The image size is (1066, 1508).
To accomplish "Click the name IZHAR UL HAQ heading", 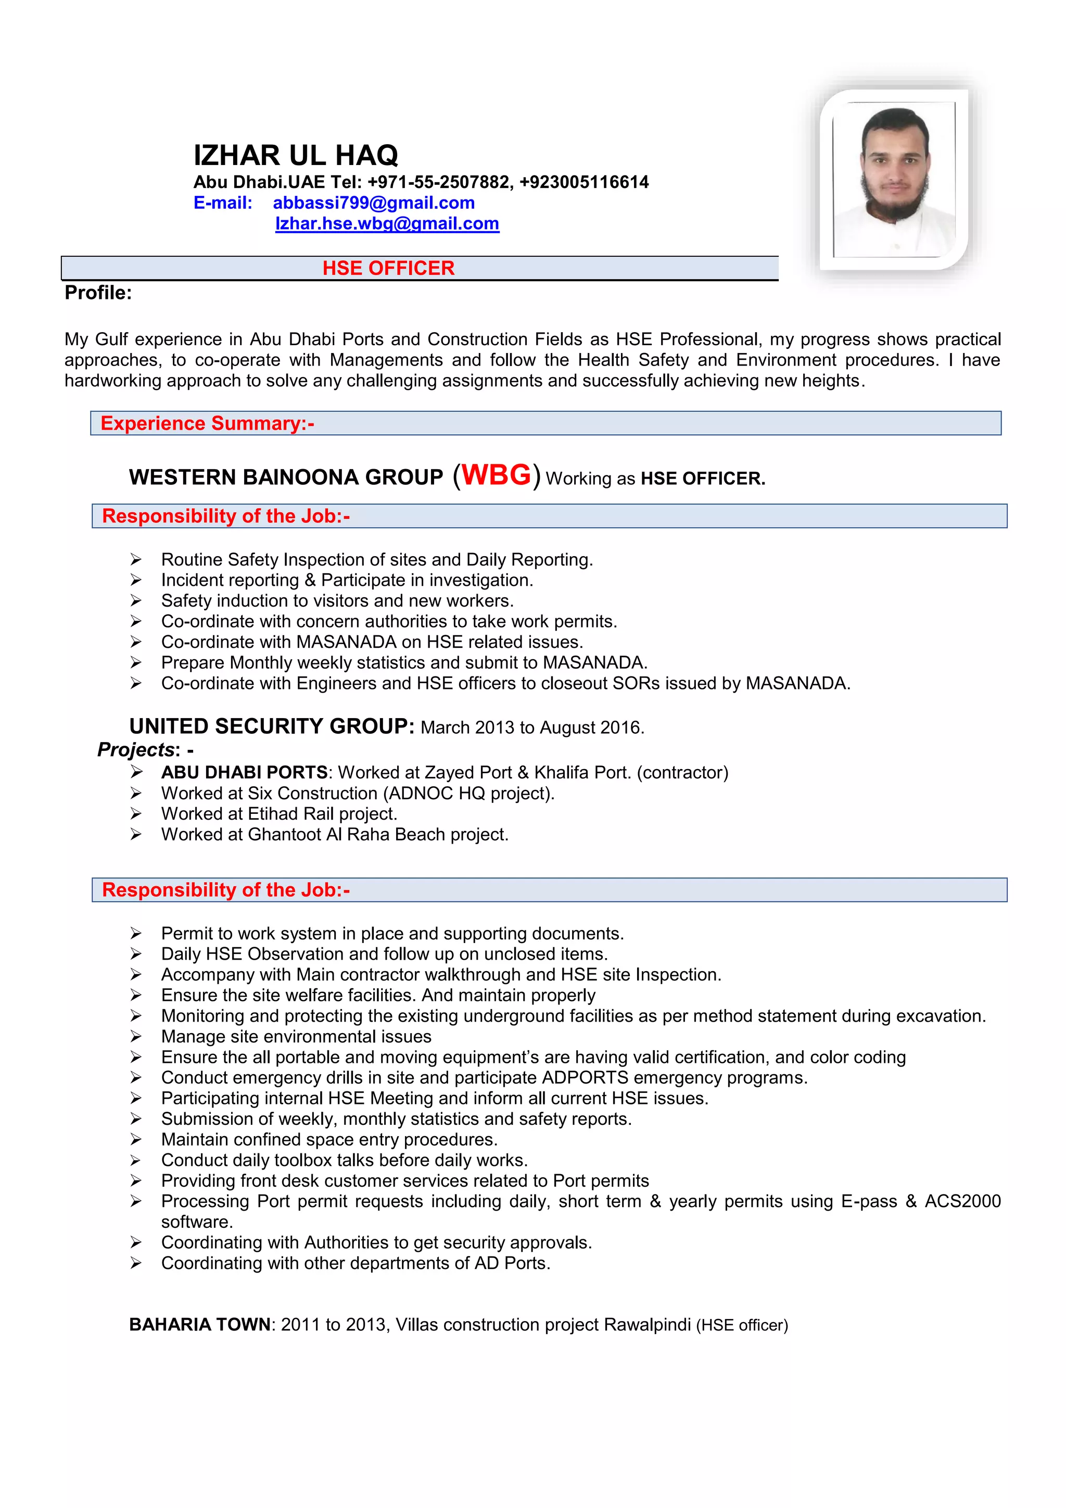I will [x=295, y=156].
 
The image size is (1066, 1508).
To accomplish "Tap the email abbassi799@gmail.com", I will [x=374, y=203].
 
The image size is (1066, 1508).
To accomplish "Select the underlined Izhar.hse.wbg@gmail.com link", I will [x=387, y=224].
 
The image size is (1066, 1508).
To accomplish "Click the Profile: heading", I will [x=98, y=293].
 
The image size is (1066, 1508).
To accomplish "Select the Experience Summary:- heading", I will [x=207, y=424].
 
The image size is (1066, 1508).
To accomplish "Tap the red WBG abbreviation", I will [x=496, y=475].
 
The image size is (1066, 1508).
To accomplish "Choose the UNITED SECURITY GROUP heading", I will [x=271, y=726].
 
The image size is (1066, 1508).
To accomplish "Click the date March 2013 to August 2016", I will [x=532, y=728].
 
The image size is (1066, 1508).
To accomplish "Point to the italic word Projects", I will [x=136, y=749].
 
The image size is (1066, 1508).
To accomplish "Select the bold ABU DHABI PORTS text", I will [x=244, y=772].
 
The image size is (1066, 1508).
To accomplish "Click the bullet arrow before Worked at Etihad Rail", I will [x=136, y=814].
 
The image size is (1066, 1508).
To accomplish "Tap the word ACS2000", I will [x=962, y=1201].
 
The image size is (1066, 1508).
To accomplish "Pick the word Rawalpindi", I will [x=647, y=1325].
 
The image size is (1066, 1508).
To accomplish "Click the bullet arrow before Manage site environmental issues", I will [x=136, y=1036].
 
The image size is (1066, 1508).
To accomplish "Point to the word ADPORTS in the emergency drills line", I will [x=585, y=1078].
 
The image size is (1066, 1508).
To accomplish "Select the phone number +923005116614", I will [x=584, y=182].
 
